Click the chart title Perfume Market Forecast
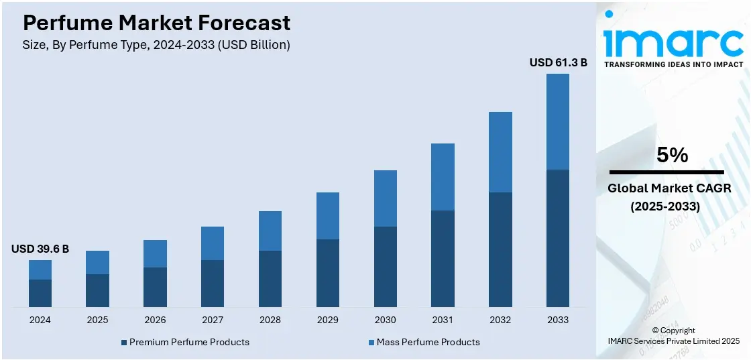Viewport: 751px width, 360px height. [156, 23]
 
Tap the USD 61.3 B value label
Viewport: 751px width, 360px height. [558, 62]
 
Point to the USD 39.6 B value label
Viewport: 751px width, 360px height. [40, 249]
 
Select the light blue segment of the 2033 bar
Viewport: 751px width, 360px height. [558, 121]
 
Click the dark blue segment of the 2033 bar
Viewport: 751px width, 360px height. [558, 238]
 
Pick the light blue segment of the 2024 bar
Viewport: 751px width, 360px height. [40, 269]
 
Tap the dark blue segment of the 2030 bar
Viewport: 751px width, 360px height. [385, 267]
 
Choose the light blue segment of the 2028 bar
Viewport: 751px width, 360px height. [270, 231]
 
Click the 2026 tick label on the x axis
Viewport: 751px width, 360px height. [155, 320]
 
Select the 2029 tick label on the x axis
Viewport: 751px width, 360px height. [327, 320]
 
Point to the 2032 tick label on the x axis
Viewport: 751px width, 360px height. [500, 320]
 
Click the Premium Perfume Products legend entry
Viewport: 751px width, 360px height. [185, 342]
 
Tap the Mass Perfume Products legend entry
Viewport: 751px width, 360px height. [424, 342]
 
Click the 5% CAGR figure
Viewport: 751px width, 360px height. [672, 156]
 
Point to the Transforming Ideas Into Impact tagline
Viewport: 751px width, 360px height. [673, 64]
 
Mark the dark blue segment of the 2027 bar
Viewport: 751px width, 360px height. [213, 284]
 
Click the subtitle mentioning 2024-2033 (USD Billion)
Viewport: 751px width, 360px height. [156, 45]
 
